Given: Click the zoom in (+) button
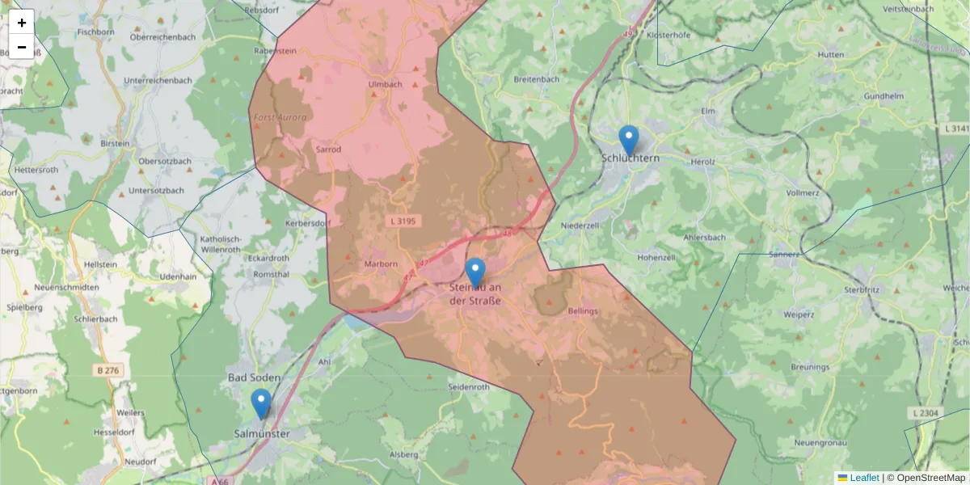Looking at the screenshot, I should tap(22, 22).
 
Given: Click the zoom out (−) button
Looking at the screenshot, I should tap(22, 47).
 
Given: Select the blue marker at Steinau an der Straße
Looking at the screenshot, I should tap(475, 272).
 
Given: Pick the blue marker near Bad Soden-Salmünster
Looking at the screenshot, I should tap(260, 403).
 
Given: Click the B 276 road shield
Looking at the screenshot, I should tap(107, 370).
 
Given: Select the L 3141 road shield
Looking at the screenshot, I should tap(956, 129).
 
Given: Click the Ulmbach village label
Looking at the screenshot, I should tap(385, 84).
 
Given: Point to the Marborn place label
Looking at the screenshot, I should tap(382, 264).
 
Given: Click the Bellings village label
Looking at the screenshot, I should tap(583, 311).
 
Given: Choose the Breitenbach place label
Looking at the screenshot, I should tap(536, 79).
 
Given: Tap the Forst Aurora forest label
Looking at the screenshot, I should tap(280, 118).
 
